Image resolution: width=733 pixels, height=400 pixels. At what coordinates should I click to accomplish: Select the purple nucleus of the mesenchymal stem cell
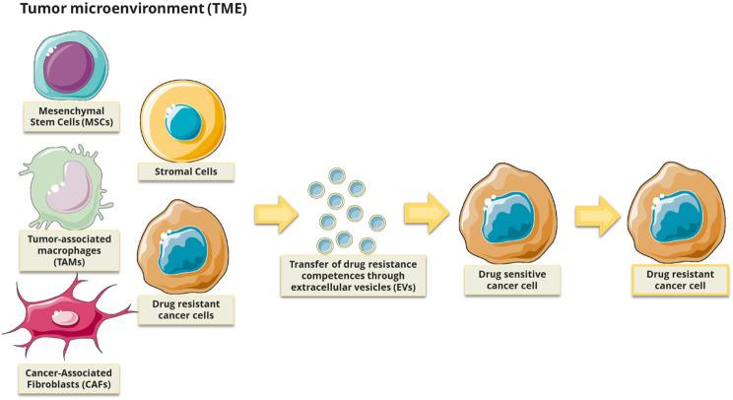68,61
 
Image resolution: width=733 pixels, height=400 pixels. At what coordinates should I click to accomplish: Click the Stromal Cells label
187,171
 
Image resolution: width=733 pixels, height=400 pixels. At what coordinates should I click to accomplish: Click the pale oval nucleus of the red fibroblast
65,318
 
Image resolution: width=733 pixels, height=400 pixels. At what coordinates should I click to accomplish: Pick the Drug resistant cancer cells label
187,311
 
